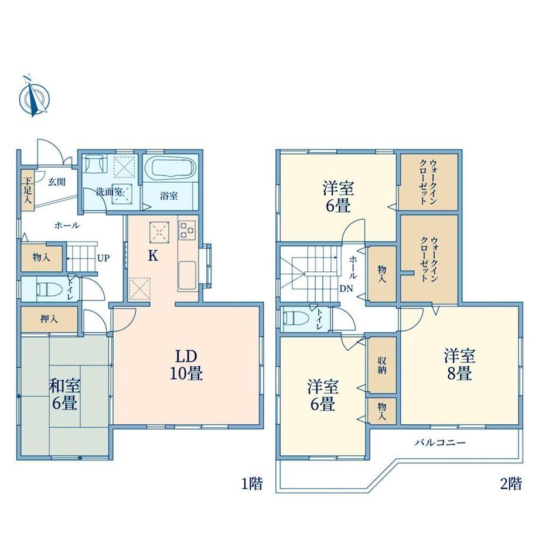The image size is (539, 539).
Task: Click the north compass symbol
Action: coord(34,97)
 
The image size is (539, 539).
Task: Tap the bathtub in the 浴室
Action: coord(170,168)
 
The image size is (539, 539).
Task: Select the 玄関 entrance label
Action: coord(56,182)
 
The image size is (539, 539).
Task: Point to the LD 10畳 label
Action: coord(186,365)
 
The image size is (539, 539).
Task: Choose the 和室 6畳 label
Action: coord(64,394)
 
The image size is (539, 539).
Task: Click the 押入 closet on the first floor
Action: coord(49,319)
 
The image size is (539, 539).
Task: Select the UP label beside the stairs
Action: coord(103,258)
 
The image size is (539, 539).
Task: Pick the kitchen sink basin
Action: coord(187,275)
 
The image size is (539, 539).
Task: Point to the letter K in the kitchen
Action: coord(153,256)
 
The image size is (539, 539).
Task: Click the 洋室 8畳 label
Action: coord(459,364)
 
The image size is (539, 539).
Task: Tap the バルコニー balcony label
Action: coord(439,443)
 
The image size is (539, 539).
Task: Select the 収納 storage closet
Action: coord(382,366)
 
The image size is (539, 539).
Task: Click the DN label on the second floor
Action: coord(346,289)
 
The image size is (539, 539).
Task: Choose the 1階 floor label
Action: coord(252,485)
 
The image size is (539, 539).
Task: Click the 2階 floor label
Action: coord(510,485)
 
